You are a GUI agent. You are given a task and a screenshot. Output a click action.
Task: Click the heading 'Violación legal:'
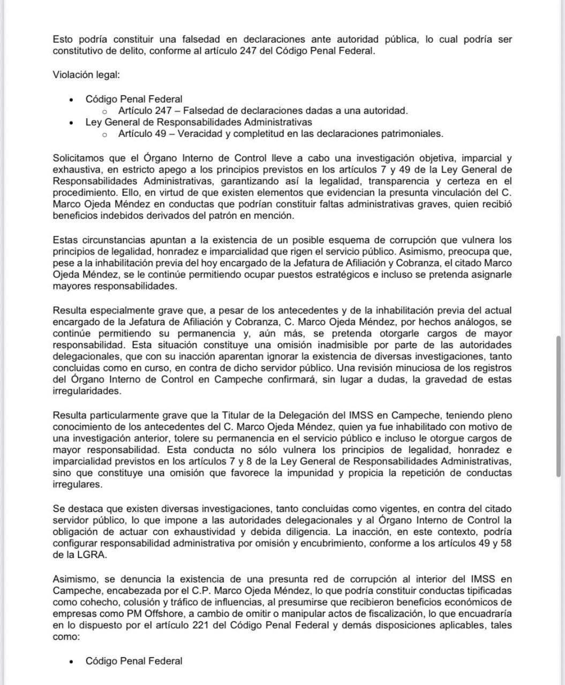86,74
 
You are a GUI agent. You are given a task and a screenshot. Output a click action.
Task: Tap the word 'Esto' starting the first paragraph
63,40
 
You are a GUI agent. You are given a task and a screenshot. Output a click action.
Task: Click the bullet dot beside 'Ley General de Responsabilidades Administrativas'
71,123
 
